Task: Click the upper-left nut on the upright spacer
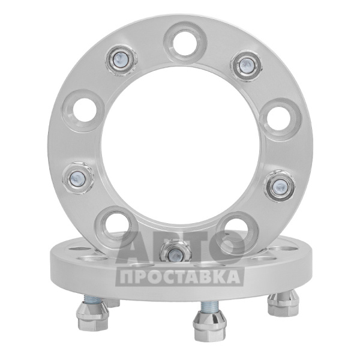121,59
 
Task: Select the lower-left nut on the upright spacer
77,178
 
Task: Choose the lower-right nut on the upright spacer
279,185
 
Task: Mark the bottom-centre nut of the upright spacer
175,253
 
